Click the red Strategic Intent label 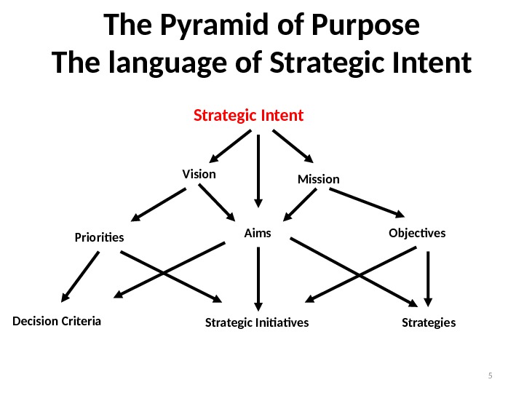click(x=248, y=116)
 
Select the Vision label click(x=199, y=174)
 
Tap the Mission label click(x=319, y=179)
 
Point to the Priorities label click(x=100, y=237)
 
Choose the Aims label click(x=257, y=233)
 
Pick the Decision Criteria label click(x=57, y=320)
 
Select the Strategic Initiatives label click(x=257, y=322)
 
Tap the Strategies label click(x=429, y=322)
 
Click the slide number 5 click(x=490, y=376)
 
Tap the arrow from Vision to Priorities click(x=159, y=204)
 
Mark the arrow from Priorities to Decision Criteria click(x=80, y=277)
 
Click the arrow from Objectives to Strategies click(x=429, y=277)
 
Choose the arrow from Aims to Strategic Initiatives click(x=257, y=277)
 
